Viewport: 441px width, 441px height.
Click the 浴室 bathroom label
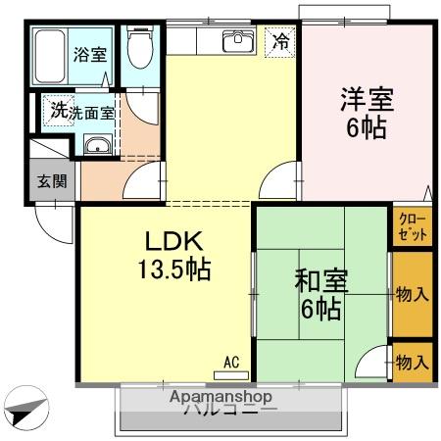click(x=91, y=55)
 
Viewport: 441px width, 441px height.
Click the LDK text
click(x=174, y=241)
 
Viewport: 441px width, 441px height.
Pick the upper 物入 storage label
click(x=412, y=294)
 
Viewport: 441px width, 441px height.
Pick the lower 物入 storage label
click(x=412, y=362)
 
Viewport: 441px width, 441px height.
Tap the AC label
click(x=231, y=361)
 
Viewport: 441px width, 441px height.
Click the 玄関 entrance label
click(x=51, y=182)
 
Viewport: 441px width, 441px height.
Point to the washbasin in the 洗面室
click(x=98, y=147)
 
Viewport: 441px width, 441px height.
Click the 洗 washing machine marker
click(x=60, y=112)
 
